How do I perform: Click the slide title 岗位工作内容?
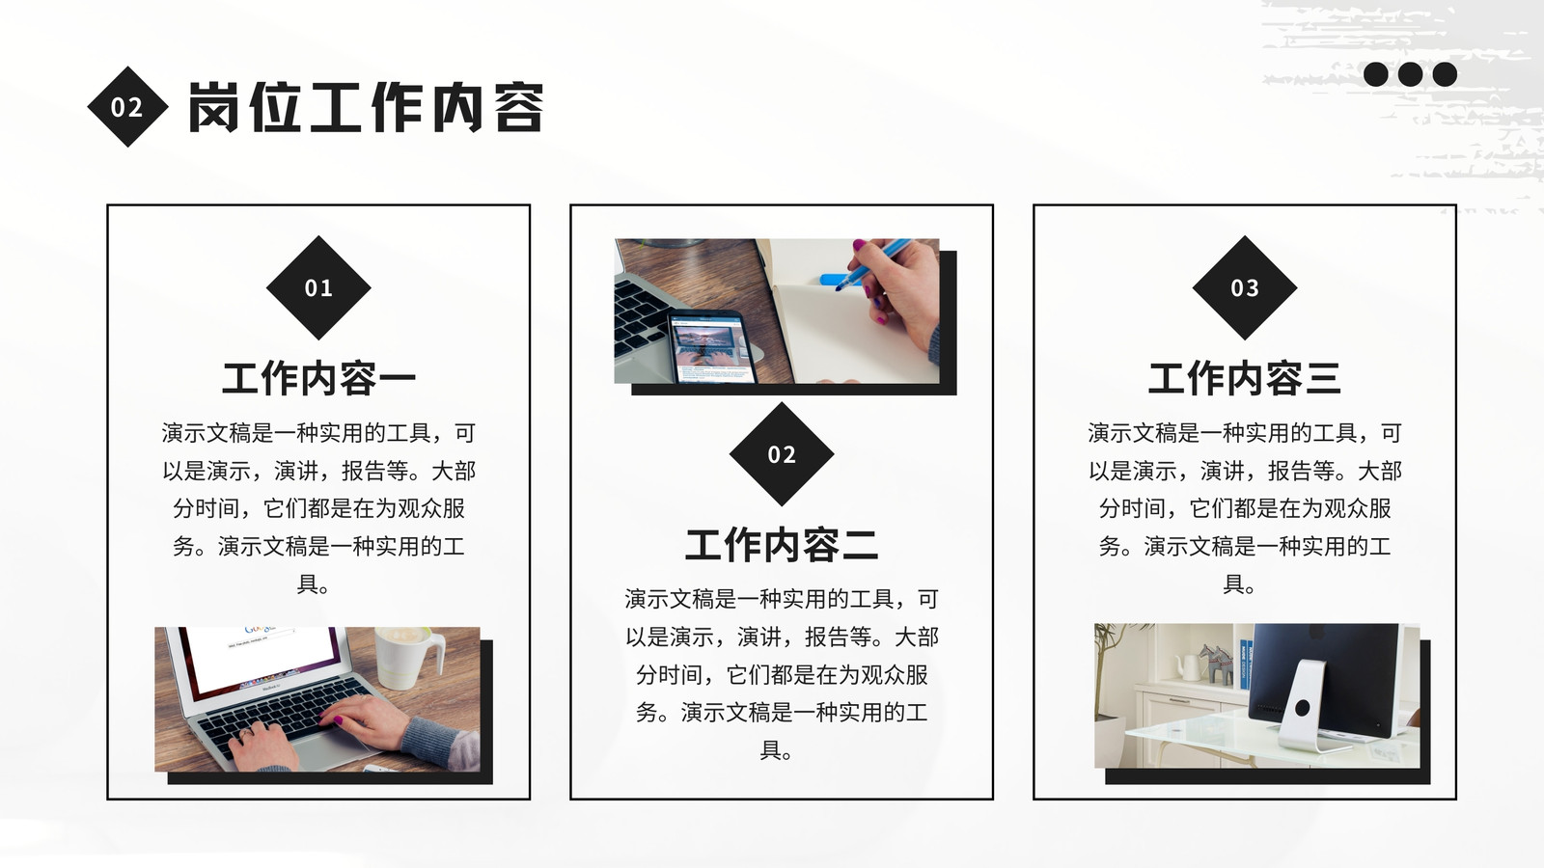click(x=366, y=107)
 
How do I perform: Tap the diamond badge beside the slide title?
click(x=127, y=107)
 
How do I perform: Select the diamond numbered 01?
click(x=318, y=287)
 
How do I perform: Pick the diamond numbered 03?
click(x=1245, y=287)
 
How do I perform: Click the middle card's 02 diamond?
click(x=782, y=454)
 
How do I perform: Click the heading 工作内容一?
click(x=318, y=378)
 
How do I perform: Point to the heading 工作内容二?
click(x=782, y=545)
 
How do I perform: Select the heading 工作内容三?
click(x=1245, y=378)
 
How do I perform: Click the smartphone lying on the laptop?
click(x=710, y=346)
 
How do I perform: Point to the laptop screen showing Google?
click(x=261, y=655)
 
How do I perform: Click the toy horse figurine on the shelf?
click(x=1215, y=664)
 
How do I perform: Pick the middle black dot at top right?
click(x=1410, y=73)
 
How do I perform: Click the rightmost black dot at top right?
click(x=1445, y=73)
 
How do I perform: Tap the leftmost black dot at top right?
click(x=1376, y=73)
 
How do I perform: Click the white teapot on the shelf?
click(x=1187, y=666)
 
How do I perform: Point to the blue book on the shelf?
click(x=1245, y=665)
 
